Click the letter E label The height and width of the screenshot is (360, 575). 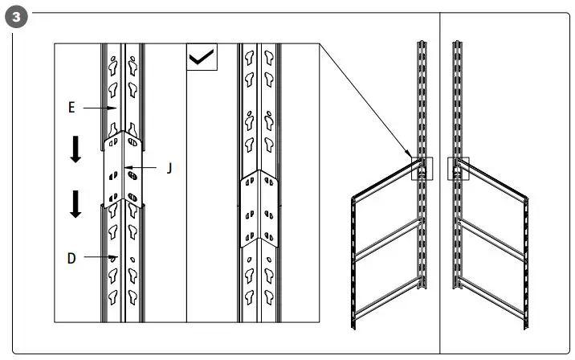click(x=71, y=105)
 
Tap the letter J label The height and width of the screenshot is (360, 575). click(x=169, y=168)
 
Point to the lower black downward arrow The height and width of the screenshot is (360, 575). click(x=75, y=204)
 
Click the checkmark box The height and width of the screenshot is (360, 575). click(x=201, y=58)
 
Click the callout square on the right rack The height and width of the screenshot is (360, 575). click(x=459, y=168)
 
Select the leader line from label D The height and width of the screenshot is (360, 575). click(x=96, y=257)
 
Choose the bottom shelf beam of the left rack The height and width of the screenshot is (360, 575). click(x=385, y=305)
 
